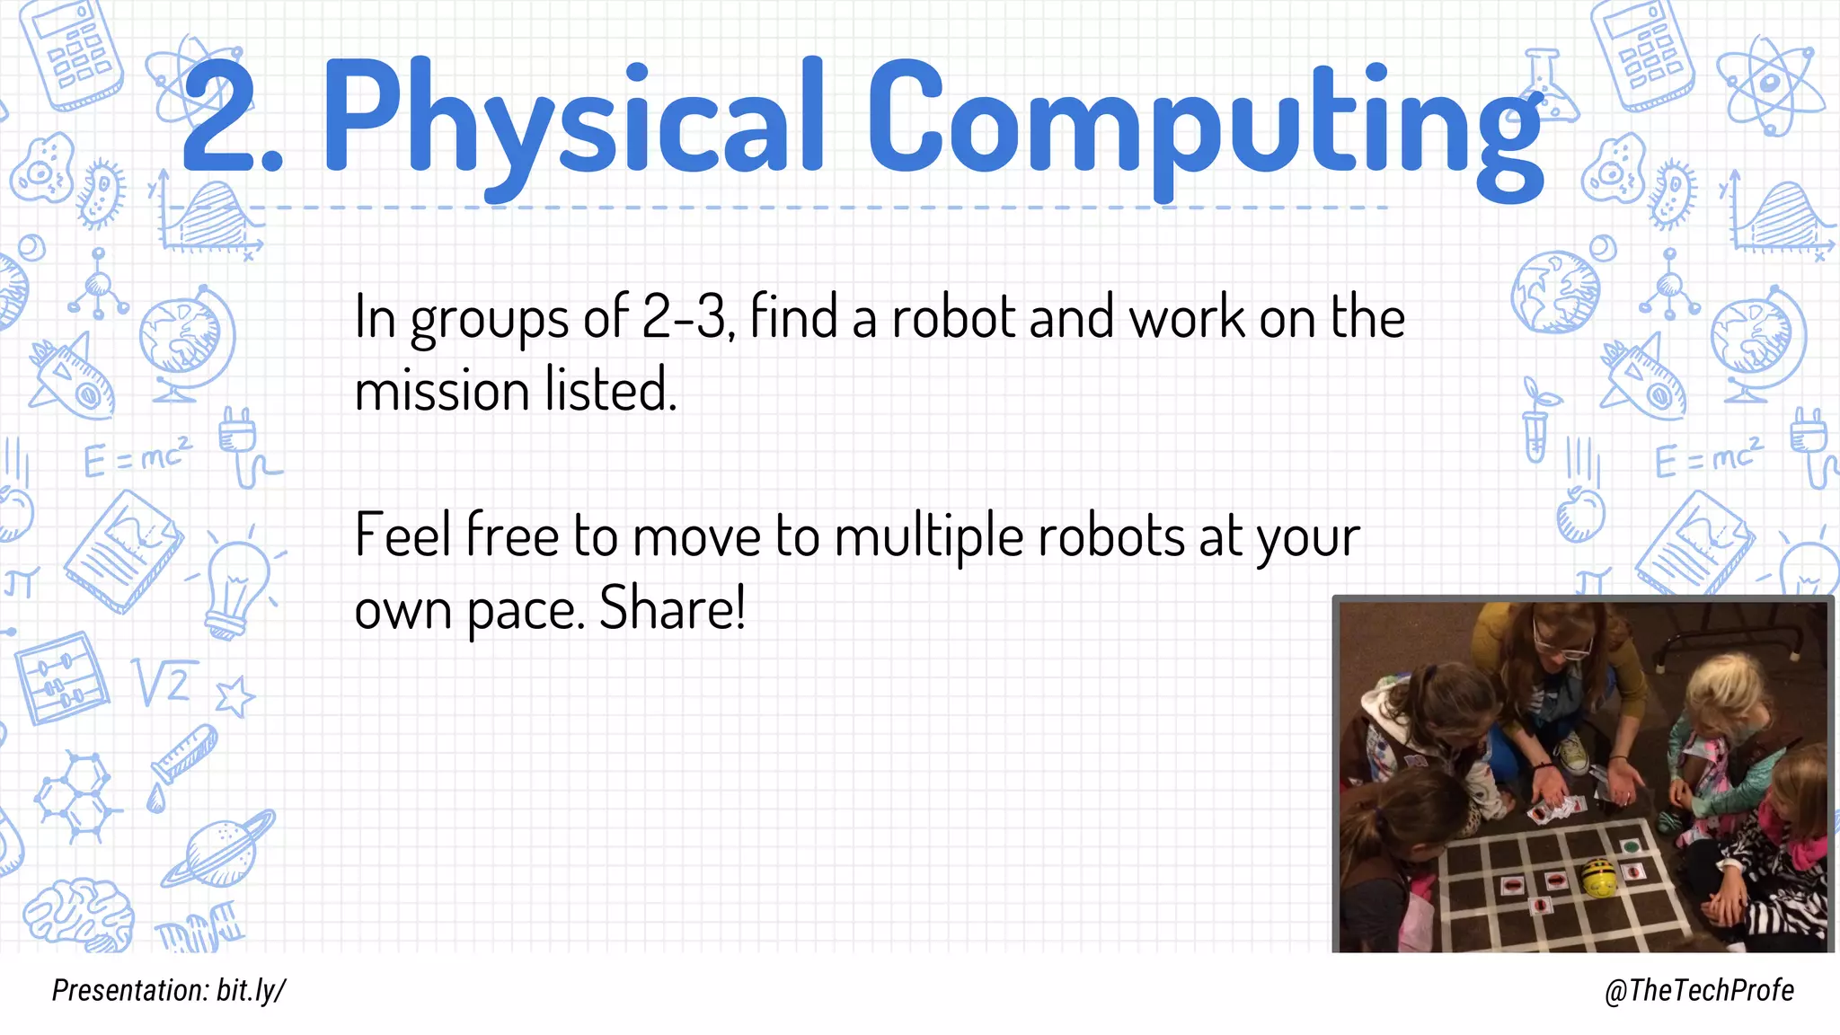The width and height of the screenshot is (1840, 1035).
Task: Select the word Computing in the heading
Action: tap(1204, 121)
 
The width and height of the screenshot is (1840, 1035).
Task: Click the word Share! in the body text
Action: tap(672, 609)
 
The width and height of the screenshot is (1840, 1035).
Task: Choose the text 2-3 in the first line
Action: tap(685, 318)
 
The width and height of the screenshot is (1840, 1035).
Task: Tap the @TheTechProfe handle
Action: tap(1698, 990)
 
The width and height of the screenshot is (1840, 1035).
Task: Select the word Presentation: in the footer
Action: tap(130, 990)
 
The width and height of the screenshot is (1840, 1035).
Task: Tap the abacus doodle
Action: tap(61, 678)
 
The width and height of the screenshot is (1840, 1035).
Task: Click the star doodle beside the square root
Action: tap(235, 696)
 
